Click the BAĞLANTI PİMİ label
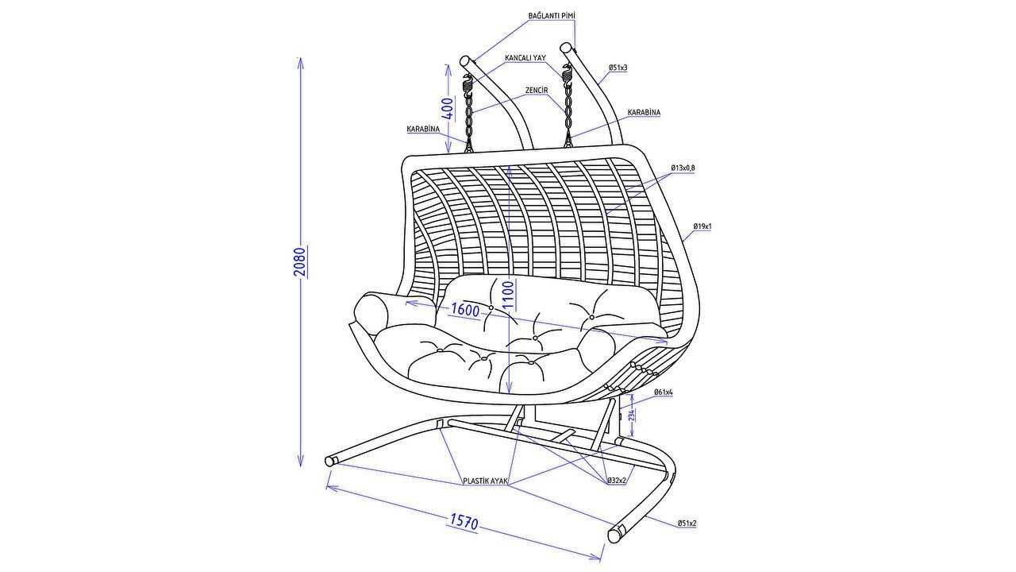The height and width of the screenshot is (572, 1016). [552, 16]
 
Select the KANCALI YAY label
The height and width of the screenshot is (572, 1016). [525, 58]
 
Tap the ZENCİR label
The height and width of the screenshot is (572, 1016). [537, 91]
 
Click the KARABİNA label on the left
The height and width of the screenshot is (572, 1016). [423, 129]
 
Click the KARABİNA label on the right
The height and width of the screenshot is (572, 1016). [644, 112]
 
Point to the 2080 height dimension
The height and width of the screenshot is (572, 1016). [300, 262]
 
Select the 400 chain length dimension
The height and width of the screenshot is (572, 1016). [448, 109]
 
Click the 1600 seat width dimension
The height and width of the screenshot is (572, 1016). [465, 310]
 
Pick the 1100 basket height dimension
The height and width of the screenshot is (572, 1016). [509, 295]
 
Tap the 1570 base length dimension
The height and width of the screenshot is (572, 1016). [464, 522]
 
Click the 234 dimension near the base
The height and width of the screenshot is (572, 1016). [633, 415]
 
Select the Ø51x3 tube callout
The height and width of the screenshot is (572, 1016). [618, 68]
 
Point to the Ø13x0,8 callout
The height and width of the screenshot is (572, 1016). [683, 168]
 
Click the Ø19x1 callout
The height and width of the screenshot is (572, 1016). [702, 226]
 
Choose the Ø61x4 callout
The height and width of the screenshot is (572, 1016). [663, 392]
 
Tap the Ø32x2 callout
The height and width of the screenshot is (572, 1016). [617, 481]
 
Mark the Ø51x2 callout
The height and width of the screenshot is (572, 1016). [687, 524]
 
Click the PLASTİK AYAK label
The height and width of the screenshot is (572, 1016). [485, 481]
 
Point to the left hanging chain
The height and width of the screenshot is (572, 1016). [468, 116]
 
